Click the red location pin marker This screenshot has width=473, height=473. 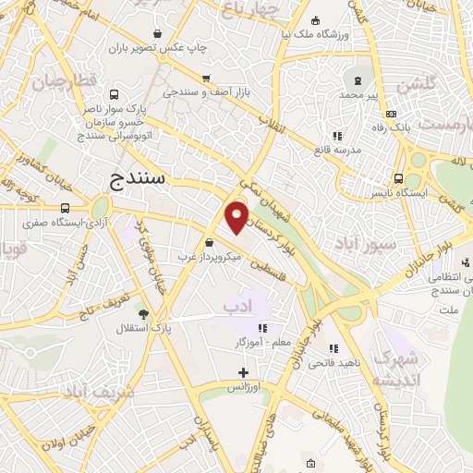pyautogui.click(x=237, y=216)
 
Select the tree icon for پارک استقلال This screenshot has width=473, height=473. pyautogui.click(x=141, y=314)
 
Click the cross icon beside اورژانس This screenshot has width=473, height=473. pyautogui.click(x=243, y=373)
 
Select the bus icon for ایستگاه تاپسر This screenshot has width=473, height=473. pyautogui.click(x=398, y=178)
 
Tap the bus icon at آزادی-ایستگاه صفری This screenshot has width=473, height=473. pyautogui.click(x=65, y=209)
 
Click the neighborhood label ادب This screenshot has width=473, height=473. pyautogui.click(x=236, y=305)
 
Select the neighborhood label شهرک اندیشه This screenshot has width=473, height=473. pyautogui.click(x=398, y=369)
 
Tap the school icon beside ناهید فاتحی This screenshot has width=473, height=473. pyautogui.click(x=334, y=348)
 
